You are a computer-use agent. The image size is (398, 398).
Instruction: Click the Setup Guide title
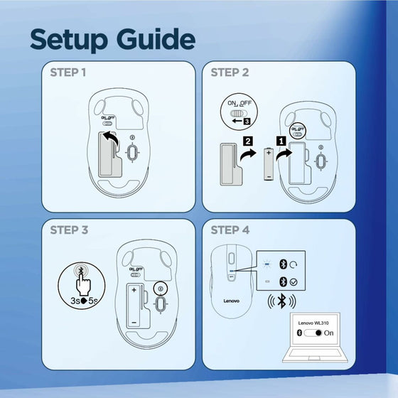click(x=113, y=39)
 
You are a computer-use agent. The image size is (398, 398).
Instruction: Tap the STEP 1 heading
click(x=68, y=72)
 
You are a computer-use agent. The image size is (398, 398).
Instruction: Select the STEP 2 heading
click(x=230, y=72)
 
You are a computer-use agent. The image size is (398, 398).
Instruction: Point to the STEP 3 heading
click(x=69, y=230)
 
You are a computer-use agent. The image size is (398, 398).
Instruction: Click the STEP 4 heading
click(x=230, y=230)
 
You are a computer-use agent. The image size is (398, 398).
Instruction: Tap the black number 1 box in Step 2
click(x=281, y=141)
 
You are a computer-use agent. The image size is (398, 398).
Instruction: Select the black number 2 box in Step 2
click(x=248, y=141)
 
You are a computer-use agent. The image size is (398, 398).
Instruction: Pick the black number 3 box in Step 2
click(x=247, y=121)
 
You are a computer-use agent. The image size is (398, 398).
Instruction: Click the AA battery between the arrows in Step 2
click(x=269, y=164)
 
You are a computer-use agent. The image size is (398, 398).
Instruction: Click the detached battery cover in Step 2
click(x=231, y=164)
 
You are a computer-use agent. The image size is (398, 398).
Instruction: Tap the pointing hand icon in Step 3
click(x=82, y=284)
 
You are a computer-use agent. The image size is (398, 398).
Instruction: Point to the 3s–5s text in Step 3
click(x=84, y=301)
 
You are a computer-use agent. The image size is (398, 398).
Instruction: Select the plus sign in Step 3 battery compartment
click(x=134, y=290)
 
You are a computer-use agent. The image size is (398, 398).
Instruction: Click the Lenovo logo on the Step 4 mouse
click(x=231, y=301)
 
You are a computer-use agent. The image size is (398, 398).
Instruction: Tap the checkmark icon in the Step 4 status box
click(x=294, y=282)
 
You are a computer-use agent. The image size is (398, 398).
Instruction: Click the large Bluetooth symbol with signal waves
click(x=281, y=301)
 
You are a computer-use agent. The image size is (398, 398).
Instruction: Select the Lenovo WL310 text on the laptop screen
click(x=313, y=323)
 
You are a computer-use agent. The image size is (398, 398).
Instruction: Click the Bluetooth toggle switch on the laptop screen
click(x=313, y=333)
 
